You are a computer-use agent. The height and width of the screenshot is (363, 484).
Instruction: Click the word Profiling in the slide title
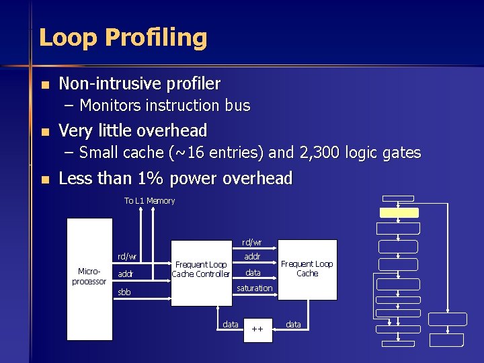coord(161,38)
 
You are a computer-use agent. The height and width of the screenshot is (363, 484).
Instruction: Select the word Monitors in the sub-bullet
coord(110,106)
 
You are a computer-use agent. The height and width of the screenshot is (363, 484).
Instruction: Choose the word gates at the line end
coord(402,153)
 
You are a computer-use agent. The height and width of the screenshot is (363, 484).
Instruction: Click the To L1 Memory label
coord(149,201)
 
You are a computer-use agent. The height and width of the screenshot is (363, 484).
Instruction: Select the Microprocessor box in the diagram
coord(89,276)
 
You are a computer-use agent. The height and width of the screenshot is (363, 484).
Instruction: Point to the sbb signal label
coord(124,292)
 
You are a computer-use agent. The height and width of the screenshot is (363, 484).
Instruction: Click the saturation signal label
coord(254,288)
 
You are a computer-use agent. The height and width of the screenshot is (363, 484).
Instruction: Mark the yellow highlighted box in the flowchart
coord(399,212)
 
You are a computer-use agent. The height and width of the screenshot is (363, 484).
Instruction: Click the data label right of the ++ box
coord(294,325)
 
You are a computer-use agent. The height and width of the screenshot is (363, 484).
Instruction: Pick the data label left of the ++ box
coord(231,325)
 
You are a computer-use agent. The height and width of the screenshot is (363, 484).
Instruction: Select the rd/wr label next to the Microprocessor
coord(127,256)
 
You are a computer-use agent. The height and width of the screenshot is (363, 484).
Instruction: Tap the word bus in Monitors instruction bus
coord(239,106)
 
